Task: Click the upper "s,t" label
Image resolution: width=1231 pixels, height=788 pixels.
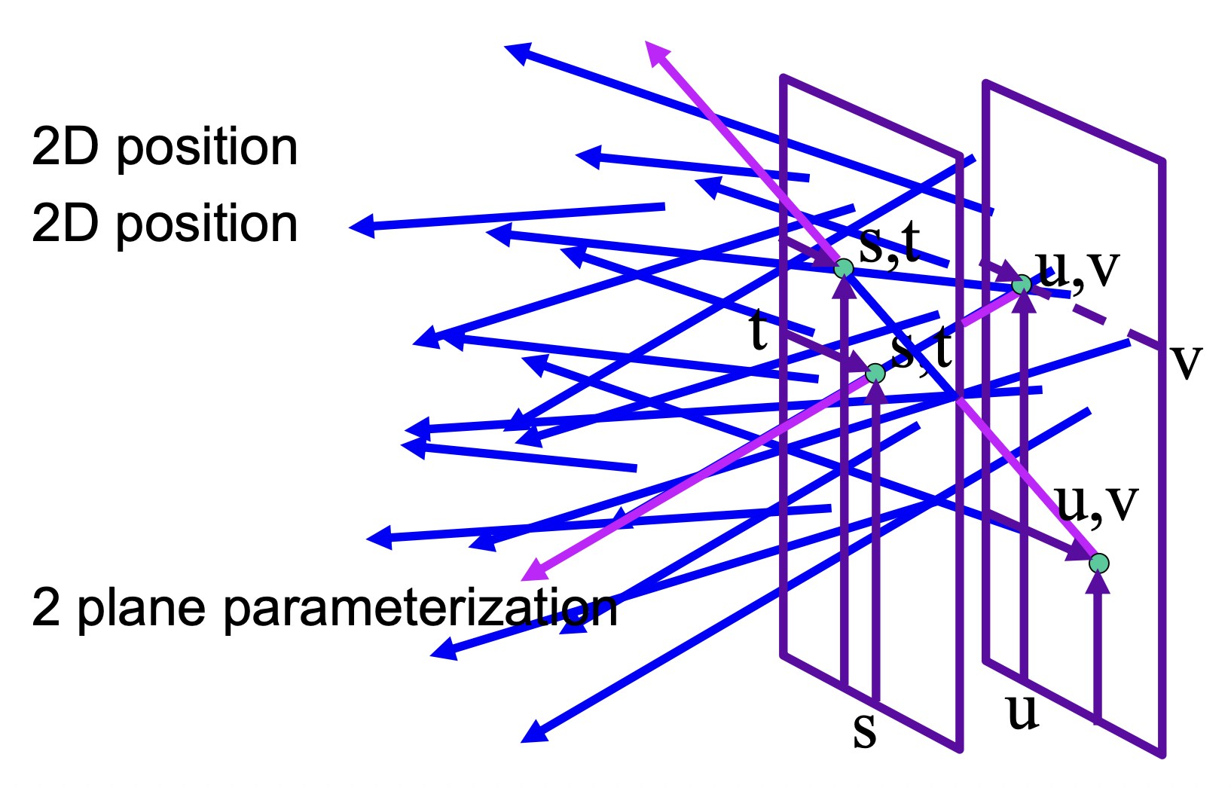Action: tap(889, 245)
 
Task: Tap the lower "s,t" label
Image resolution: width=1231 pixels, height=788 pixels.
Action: tap(921, 349)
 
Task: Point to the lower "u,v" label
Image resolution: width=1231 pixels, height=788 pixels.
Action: tap(1097, 502)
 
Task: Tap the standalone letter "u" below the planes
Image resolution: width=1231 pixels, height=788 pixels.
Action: tap(1023, 713)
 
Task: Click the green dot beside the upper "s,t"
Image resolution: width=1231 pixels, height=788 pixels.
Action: tap(844, 268)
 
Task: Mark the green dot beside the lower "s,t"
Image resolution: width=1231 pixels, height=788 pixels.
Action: tap(875, 373)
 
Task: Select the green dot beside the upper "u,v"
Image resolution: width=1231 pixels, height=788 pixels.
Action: tap(1022, 285)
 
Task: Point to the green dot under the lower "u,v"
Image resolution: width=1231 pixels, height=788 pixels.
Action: tap(1099, 563)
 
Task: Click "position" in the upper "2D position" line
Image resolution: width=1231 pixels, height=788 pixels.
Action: tap(206, 148)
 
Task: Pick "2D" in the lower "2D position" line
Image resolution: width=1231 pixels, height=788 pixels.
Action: tap(65, 224)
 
